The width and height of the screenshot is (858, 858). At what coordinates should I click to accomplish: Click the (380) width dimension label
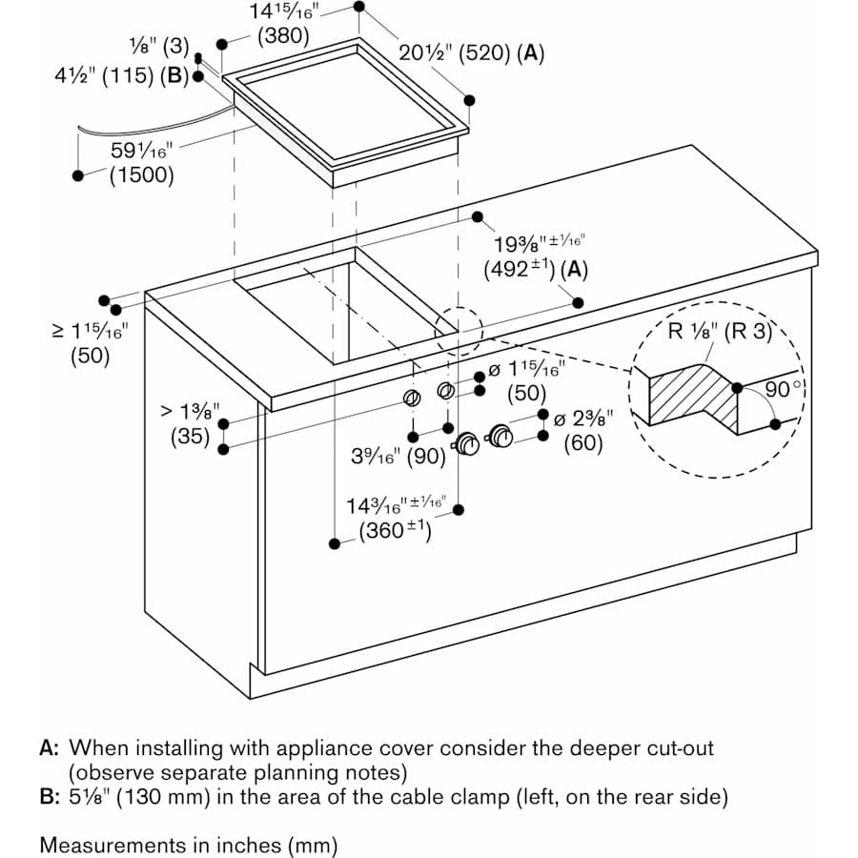(x=284, y=37)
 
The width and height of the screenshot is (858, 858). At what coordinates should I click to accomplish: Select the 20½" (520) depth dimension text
(x=471, y=53)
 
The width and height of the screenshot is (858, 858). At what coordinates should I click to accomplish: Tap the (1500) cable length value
(x=141, y=174)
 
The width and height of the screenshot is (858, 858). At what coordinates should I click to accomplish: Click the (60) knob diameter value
(x=583, y=443)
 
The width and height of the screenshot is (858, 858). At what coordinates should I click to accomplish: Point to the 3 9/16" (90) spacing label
(x=398, y=456)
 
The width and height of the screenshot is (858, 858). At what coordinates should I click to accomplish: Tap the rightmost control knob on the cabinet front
(x=500, y=437)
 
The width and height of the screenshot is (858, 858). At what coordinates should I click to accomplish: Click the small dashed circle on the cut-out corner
(x=459, y=330)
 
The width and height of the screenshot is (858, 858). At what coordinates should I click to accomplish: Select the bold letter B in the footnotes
(x=50, y=796)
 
